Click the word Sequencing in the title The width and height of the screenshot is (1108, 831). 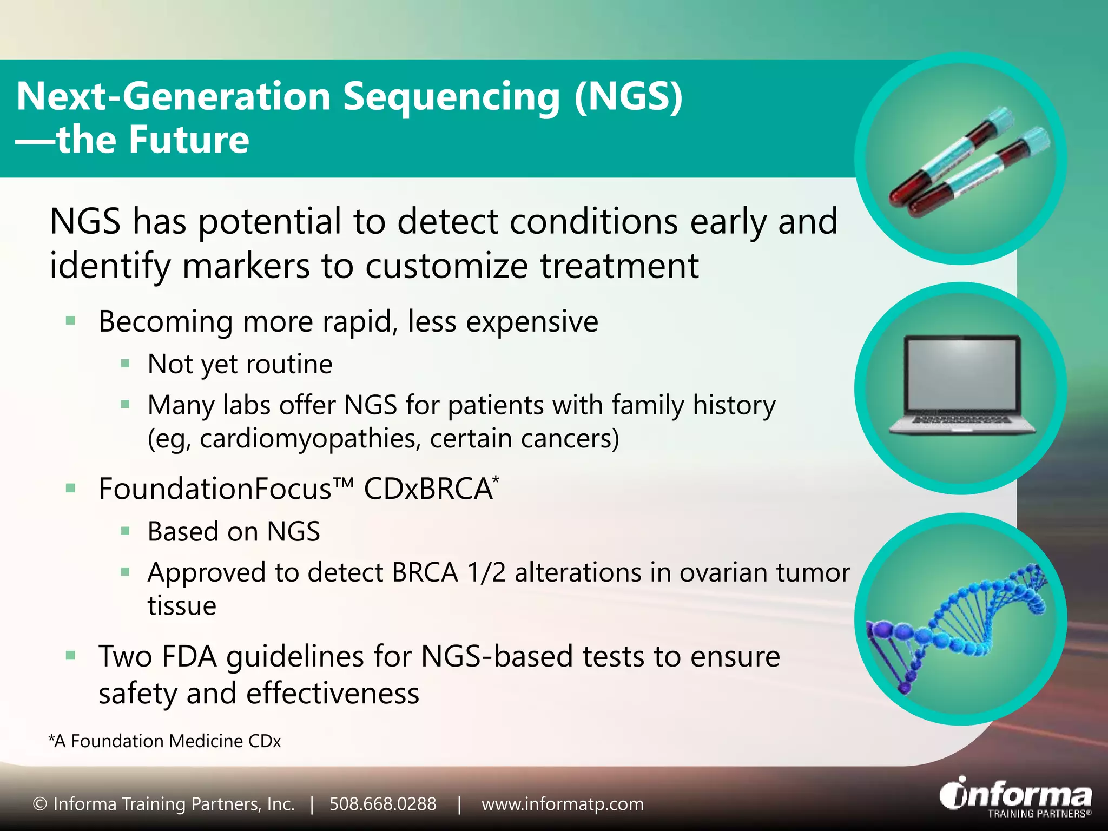click(452, 97)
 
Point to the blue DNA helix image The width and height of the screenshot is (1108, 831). click(958, 622)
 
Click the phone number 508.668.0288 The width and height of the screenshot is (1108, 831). click(382, 804)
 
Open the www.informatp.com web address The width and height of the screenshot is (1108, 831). click(563, 804)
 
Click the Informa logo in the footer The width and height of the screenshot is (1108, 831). click(1016, 798)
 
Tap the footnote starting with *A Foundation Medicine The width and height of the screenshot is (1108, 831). click(165, 741)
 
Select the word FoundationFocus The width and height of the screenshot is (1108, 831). click(215, 489)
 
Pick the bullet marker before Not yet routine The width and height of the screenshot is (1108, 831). click(126, 364)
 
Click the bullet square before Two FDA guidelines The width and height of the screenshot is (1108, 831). click(70, 656)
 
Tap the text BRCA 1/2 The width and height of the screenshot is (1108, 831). click(449, 573)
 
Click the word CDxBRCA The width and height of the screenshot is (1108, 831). click(427, 489)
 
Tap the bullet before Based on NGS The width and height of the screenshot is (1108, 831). click(126, 531)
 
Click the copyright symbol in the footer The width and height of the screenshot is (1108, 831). click(39, 804)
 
